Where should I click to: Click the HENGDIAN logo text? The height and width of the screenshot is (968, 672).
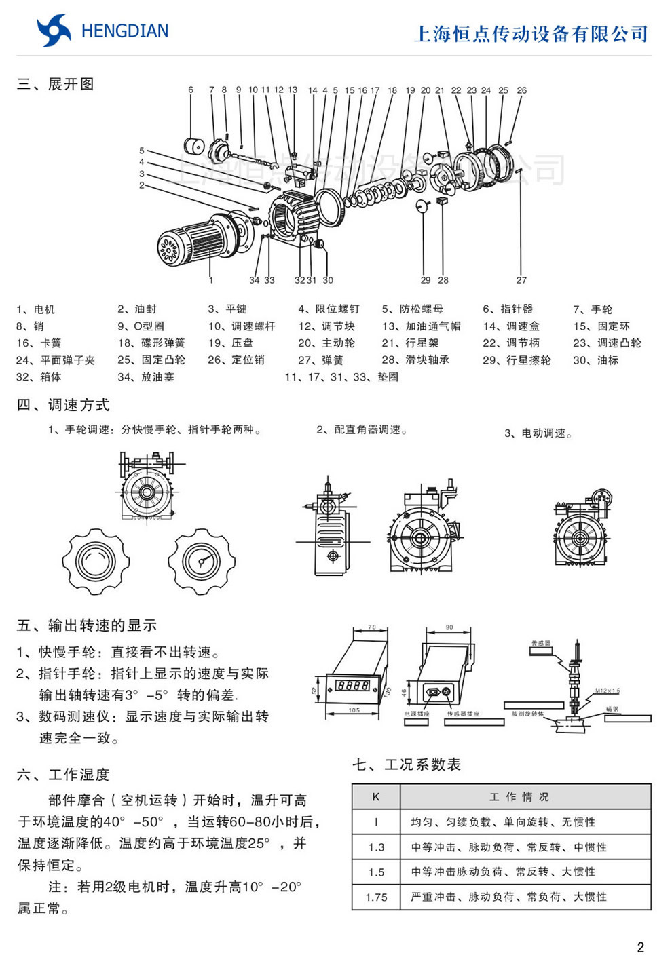point(124,31)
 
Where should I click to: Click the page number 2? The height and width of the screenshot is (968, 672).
point(640,947)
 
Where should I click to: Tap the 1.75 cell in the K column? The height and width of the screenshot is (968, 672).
point(376,897)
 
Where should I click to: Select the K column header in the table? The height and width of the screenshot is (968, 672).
point(376,796)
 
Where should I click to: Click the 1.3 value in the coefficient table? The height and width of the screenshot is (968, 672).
point(376,847)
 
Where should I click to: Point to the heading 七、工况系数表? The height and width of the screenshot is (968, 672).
point(407,764)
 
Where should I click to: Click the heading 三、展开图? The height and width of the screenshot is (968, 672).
point(56,84)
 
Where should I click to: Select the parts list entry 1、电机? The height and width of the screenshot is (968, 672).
point(35,309)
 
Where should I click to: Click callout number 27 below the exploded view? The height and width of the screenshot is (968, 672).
point(521,280)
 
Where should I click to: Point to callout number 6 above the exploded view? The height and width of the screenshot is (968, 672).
point(191,90)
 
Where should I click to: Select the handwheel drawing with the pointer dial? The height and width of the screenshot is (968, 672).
point(202,562)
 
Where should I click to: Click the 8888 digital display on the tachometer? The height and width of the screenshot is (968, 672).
point(353,685)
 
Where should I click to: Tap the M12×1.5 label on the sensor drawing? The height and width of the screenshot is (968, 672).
point(608,691)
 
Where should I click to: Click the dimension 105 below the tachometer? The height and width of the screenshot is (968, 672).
point(354,710)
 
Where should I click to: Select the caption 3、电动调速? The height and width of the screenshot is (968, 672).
point(538,433)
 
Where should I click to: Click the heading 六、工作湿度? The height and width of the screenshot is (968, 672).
point(63,775)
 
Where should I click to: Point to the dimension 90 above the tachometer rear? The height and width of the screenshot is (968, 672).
point(449,627)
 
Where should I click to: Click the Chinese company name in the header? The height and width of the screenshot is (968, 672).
point(531,34)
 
